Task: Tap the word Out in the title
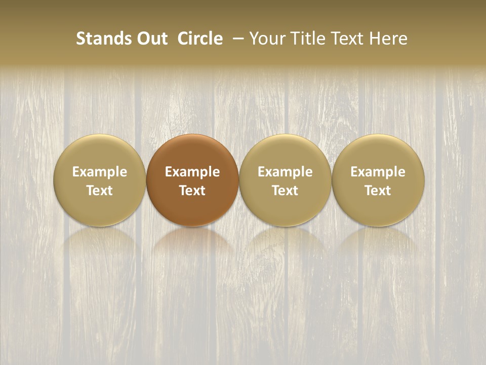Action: tap(150, 39)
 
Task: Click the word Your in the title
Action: tap(266, 39)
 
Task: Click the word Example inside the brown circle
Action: tap(192, 172)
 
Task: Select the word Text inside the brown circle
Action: tap(192, 191)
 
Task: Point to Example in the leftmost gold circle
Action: tap(100, 172)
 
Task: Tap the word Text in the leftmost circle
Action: tap(100, 191)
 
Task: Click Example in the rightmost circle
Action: tap(378, 172)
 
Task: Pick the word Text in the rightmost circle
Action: tap(378, 191)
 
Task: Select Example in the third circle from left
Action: tap(286, 172)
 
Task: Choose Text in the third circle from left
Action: tap(286, 191)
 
